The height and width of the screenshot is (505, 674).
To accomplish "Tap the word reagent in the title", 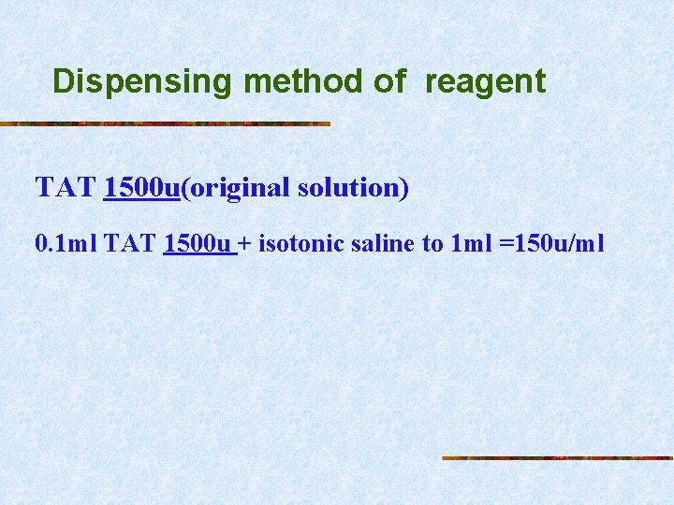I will [x=485, y=82].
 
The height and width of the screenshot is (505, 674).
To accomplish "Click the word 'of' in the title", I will [x=390, y=81].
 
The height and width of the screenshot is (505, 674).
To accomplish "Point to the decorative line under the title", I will [x=166, y=123].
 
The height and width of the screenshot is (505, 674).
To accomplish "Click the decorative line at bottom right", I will [x=557, y=458].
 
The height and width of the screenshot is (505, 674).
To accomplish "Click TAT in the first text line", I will [x=66, y=188].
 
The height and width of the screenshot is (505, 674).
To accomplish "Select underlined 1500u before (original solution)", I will [x=142, y=188].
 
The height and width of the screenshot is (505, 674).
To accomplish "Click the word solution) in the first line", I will [x=353, y=188].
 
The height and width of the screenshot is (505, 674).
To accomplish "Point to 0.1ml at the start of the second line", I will [x=66, y=245].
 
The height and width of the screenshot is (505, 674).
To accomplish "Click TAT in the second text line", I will [x=130, y=245].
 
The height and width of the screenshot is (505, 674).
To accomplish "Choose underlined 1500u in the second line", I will [x=197, y=245].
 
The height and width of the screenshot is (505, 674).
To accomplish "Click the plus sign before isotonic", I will [x=244, y=245].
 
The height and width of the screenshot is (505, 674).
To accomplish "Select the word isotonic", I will [x=297, y=245].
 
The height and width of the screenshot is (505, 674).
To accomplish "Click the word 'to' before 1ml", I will [x=432, y=245].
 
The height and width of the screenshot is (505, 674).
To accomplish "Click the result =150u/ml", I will [x=550, y=245].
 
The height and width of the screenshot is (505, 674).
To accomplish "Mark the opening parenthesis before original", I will [x=184, y=188].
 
